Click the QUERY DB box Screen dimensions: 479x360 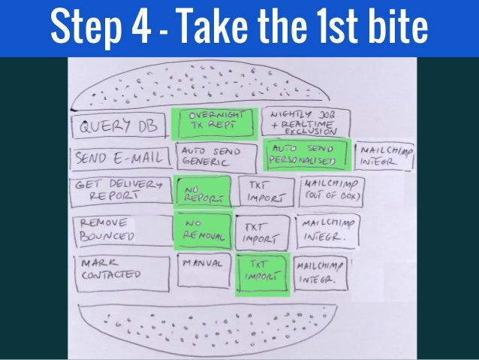(116, 126)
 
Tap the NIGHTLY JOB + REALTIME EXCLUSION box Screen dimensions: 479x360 (298, 122)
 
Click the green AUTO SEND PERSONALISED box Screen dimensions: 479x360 (307, 156)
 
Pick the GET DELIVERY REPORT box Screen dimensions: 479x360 (119, 193)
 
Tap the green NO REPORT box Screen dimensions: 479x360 (200, 193)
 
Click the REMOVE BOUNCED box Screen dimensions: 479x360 (118, 231)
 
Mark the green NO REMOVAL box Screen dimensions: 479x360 (203, 230)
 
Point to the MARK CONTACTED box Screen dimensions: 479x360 (120, 271)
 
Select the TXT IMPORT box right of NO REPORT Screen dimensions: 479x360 (263, 193)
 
